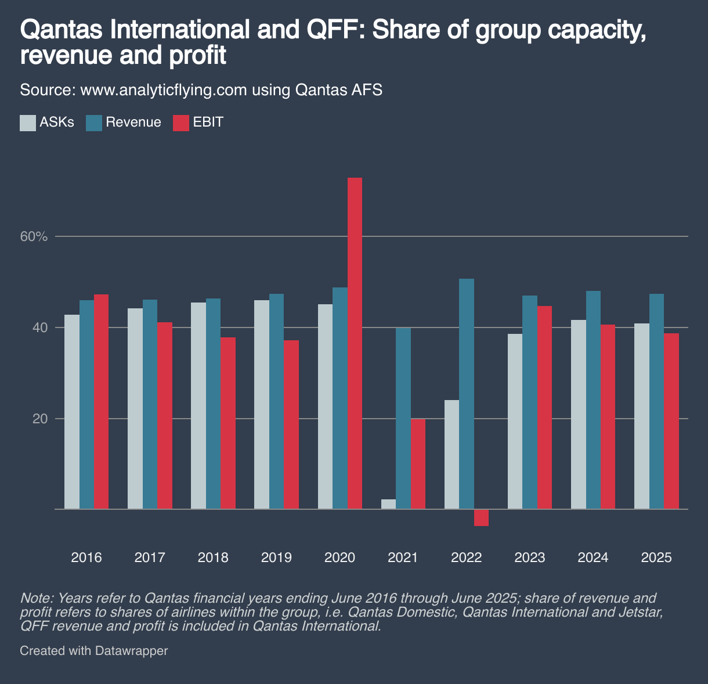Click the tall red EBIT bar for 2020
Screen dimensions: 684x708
tap(355, 343)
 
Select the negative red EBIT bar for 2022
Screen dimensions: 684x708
tap(481, 517)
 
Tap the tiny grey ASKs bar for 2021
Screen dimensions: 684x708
tap(388, 504)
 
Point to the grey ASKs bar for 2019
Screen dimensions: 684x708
tap(262, 404)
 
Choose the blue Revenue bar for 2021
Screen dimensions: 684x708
tap(403, 418)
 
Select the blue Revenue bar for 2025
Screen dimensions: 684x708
tap(656, 401)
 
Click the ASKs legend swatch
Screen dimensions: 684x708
tap(28, 123)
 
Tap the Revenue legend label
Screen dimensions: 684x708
tap(133, 123)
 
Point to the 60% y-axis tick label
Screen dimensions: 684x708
tap(34, 237)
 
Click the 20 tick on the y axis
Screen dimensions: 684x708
tap(39, 419)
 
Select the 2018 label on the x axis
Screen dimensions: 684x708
tap(213, 558)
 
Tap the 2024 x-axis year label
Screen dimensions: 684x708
tap(593, 558)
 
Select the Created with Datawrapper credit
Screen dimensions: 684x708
tap(94, 651)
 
